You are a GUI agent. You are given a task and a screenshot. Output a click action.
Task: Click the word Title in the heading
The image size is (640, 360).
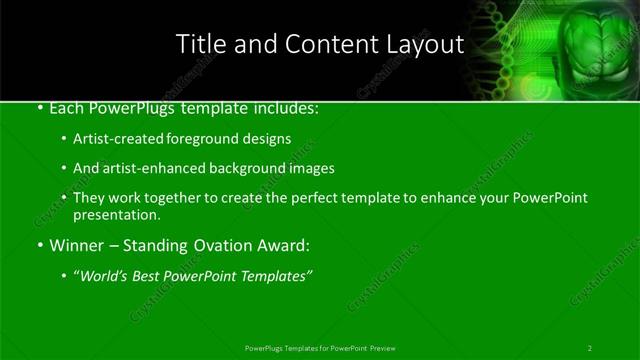tap(198, 44)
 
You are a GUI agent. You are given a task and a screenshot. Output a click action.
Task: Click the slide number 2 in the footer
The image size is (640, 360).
tap(590, 348)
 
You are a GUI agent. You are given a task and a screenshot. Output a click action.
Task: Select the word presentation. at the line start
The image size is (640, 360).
tap(116, 214)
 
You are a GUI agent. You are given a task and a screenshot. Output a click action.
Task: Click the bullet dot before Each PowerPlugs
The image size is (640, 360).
tap(38, 108)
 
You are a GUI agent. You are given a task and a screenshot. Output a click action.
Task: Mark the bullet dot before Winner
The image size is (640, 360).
tap(38, 245)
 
